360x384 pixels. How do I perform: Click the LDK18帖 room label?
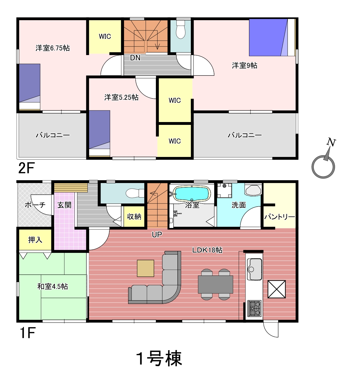pos(207,250)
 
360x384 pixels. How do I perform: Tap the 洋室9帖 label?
pos(244,66)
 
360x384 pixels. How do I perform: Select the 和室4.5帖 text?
pos(53,286)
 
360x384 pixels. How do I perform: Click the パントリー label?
pos(280,217)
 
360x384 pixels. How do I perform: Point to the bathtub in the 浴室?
pos(192,194)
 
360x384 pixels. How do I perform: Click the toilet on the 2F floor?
pos(181,30)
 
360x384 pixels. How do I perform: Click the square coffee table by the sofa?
pos(145,268)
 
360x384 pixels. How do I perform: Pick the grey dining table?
pos(215,284)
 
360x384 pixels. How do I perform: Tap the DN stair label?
pos(135,58)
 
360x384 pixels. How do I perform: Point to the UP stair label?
pos(157,234)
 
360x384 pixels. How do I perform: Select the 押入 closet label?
pos(35,240)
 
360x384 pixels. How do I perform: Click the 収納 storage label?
pos(134,217)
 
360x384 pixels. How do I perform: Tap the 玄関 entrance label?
pos(64,205)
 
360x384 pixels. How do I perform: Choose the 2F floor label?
pos(26,168)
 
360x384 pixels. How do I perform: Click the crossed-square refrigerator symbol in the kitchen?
pos(277,289)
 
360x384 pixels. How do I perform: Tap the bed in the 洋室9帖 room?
pos(272,37)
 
